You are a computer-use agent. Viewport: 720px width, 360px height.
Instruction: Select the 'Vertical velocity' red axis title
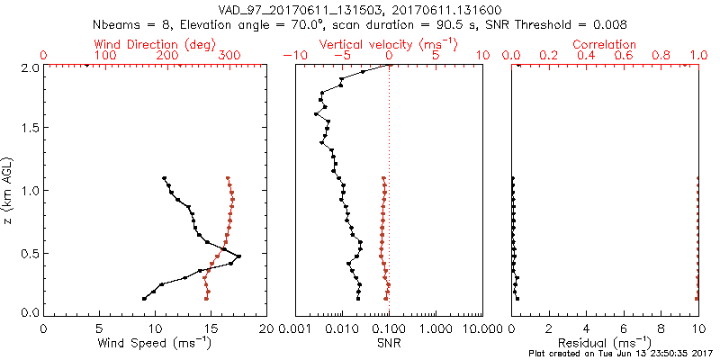388,44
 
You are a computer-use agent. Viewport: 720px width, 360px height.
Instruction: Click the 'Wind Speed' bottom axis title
156,343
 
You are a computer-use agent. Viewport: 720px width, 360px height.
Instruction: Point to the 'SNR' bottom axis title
388,343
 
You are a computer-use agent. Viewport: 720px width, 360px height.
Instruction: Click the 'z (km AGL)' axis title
10,189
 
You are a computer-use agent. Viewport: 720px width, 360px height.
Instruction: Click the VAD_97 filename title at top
359,9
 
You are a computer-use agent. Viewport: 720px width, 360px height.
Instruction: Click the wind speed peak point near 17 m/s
238,257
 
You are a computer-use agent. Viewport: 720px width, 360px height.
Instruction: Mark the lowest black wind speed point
144,298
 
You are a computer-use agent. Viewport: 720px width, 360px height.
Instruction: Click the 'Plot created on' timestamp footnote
621,354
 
